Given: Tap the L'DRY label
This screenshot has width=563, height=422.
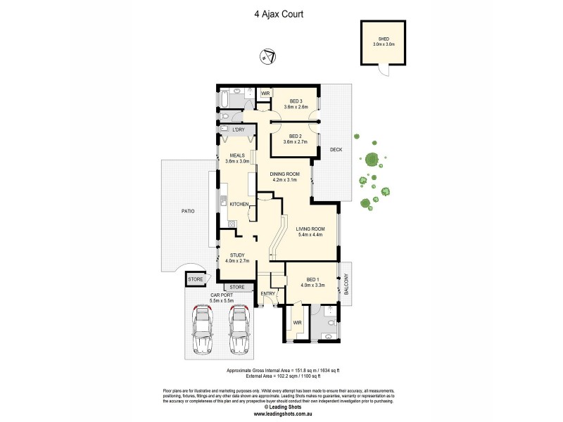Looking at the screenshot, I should pos(237,130).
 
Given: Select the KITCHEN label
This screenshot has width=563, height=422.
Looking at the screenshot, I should pos(239,204).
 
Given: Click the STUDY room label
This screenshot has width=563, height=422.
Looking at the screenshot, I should pos(236,257).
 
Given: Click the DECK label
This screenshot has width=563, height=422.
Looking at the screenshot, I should pos(335,149).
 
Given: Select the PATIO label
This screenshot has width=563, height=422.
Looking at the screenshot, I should pos(186,211).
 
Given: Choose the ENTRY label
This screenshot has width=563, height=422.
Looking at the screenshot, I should pos(268,293).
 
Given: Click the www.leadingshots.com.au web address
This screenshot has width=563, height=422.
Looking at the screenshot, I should pos(281,413).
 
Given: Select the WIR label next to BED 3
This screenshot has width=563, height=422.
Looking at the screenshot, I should pos(265,93).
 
